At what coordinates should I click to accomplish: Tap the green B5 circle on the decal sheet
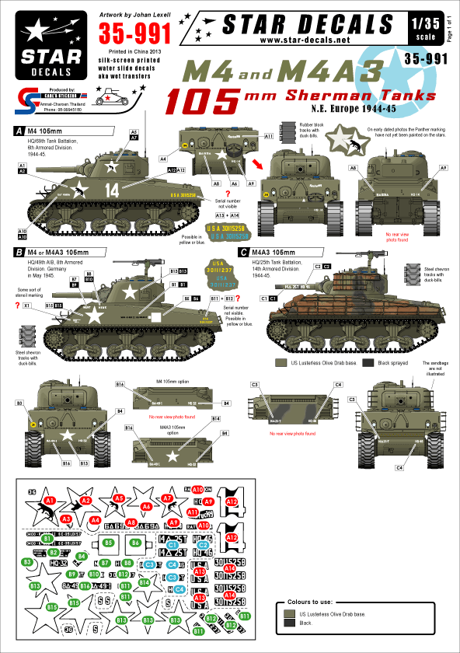(x=109, y=541)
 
